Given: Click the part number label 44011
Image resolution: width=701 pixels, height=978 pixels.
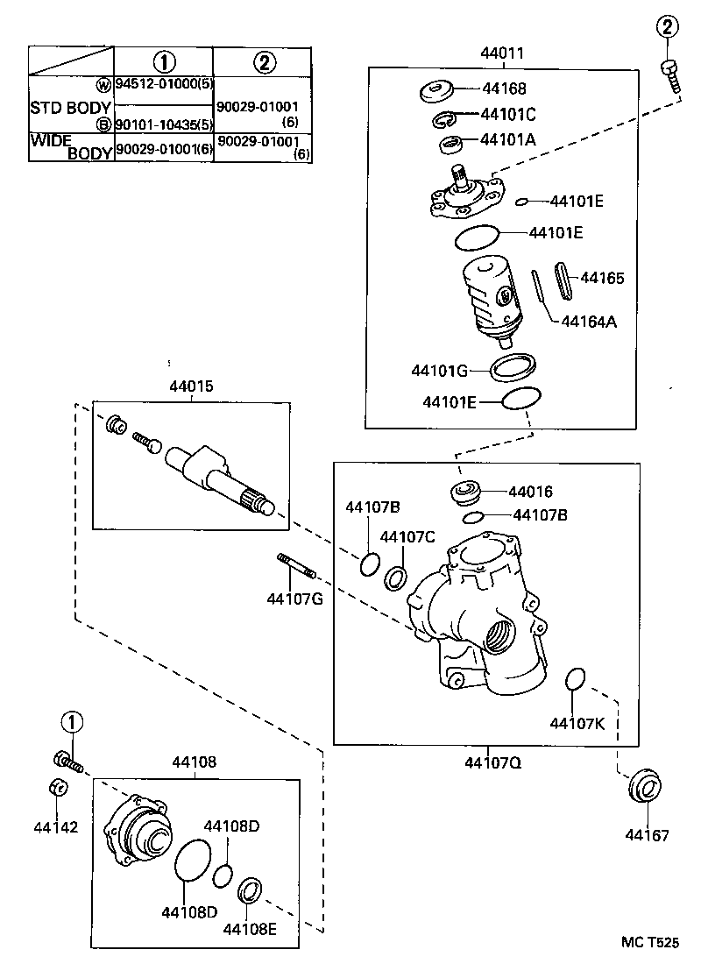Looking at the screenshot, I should tap(501, 53).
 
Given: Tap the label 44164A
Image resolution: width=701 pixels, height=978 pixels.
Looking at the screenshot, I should tap(588, 321).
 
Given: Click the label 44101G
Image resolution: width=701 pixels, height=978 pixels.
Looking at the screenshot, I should tap(439, 370).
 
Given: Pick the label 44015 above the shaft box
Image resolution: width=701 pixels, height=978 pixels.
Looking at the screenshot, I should tap(192, 386).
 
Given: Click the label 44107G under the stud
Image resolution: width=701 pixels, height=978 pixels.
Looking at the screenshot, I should tap(295, 599).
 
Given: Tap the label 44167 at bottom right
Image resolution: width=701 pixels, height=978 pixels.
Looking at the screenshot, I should tap(647, 835).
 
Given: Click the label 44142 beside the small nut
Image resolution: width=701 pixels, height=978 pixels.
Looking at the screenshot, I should tap(56, 826).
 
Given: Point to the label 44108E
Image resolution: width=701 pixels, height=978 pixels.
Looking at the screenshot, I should tap(249, 929).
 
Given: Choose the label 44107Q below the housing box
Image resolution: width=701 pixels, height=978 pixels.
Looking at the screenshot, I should tap(493, 762).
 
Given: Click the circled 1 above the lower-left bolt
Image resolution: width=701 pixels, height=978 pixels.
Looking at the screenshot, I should tap(71, 723).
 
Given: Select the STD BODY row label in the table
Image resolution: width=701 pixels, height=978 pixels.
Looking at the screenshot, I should tap(70, 109).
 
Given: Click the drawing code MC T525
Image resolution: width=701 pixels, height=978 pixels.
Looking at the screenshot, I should tap(649, 943).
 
